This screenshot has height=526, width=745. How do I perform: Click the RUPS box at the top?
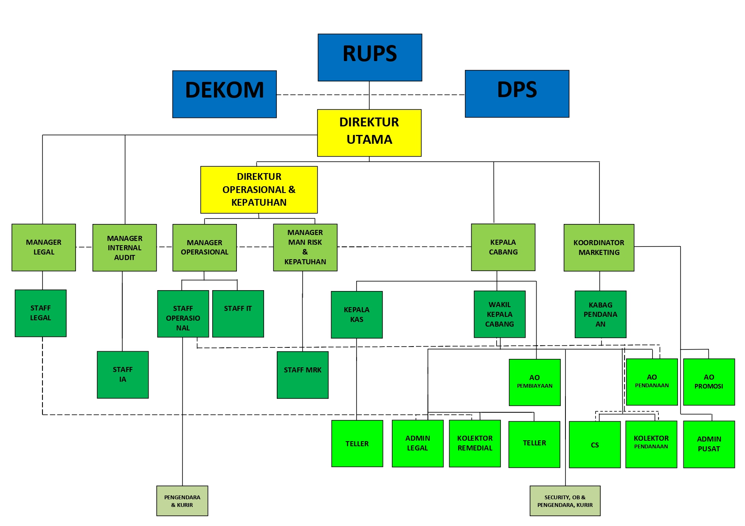(x=370, y=57)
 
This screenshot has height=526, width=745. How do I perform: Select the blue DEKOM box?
(x=224, y=94)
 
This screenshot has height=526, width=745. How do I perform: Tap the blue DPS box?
(x=517, y=94)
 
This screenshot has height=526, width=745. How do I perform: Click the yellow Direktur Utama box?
(x=369, y=133)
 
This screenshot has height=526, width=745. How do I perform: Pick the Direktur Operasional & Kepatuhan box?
(x=259, y=190)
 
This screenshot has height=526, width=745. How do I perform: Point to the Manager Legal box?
(x=44, y=247)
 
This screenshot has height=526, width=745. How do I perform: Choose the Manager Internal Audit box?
(x=124, y=248)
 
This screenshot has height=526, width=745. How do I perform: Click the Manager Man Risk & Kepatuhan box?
(x=305, y=247)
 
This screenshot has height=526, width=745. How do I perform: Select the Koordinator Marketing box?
(x=599, y=248)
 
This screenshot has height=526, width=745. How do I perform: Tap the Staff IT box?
(x=238, y=314)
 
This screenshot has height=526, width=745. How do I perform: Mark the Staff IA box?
(x=123, y=375)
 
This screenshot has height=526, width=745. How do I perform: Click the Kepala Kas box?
(x=357, y=314)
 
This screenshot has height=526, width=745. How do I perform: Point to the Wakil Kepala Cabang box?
(x=499, y=314)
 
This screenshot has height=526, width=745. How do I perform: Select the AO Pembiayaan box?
(x=534, y=382)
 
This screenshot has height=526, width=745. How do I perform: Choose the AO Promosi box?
(x=708, y=382)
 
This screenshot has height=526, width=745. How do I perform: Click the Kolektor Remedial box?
(x=475, y=443)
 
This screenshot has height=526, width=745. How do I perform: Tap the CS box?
(x=594, y=445)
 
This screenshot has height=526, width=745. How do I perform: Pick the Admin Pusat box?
(x=708, y=444)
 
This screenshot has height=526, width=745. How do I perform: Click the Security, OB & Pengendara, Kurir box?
(x=565, y=501)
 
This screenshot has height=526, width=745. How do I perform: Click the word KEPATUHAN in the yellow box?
(x=259, y=203)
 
